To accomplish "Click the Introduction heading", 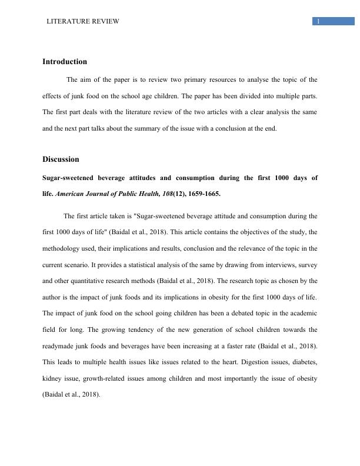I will coord(65,62).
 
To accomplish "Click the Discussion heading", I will coord(61,159).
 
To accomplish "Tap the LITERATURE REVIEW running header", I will coord(83,21).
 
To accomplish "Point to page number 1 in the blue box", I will coord(318,22).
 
